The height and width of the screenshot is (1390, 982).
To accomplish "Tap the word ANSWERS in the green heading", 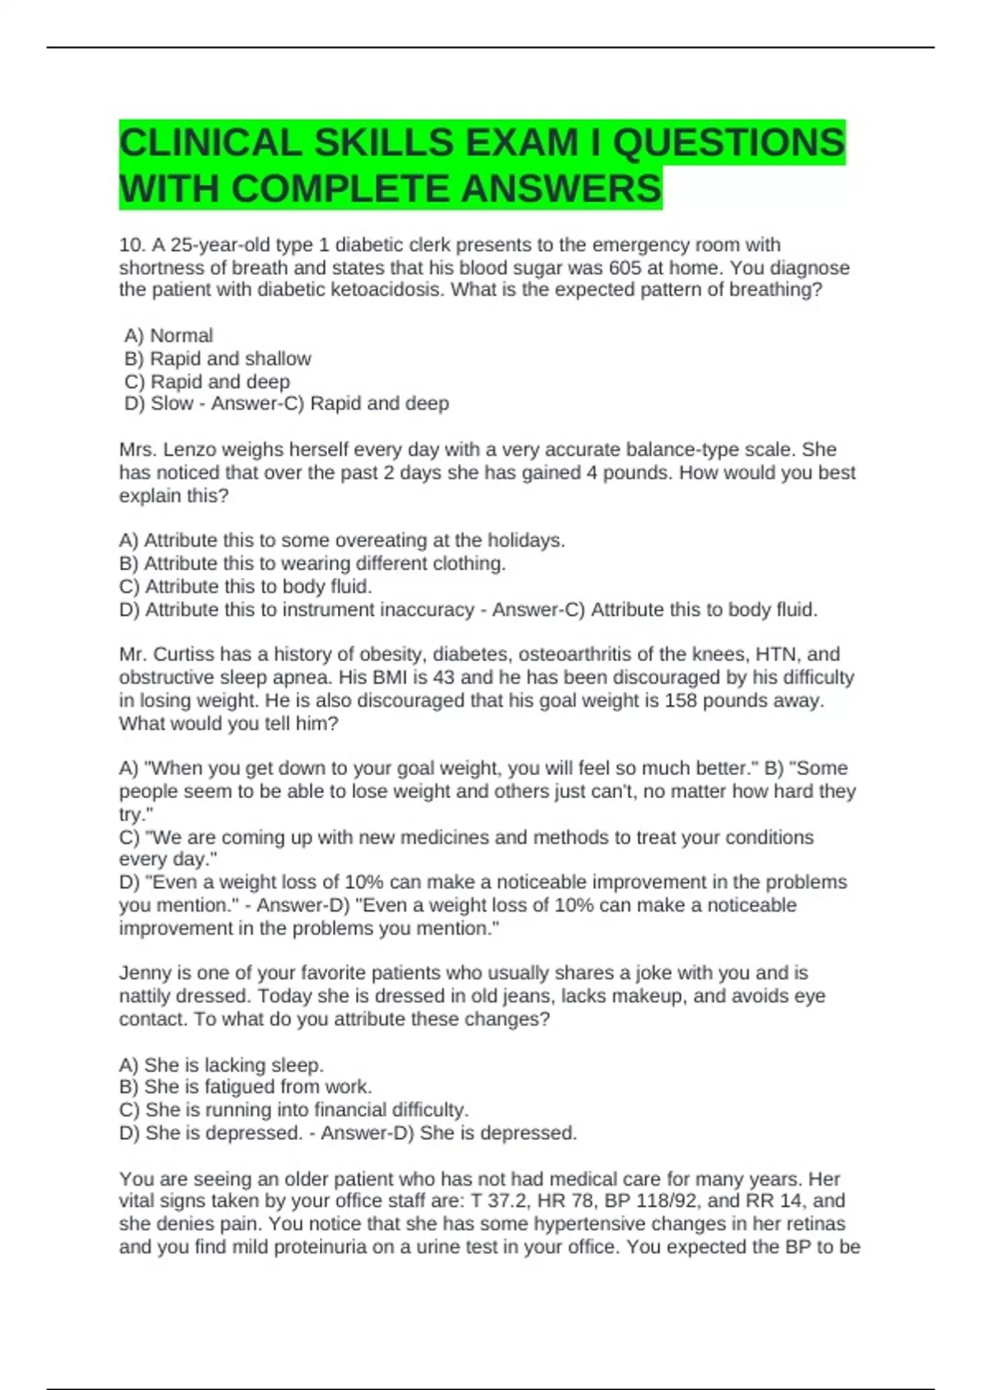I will pos(561,189).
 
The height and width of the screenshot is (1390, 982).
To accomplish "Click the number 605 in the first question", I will pos(625,267).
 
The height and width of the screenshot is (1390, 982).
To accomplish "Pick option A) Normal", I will pos(169,335).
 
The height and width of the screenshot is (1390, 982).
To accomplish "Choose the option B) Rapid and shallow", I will pos(218,358).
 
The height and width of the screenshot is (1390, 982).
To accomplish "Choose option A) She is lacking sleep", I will pos(221,1065).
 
